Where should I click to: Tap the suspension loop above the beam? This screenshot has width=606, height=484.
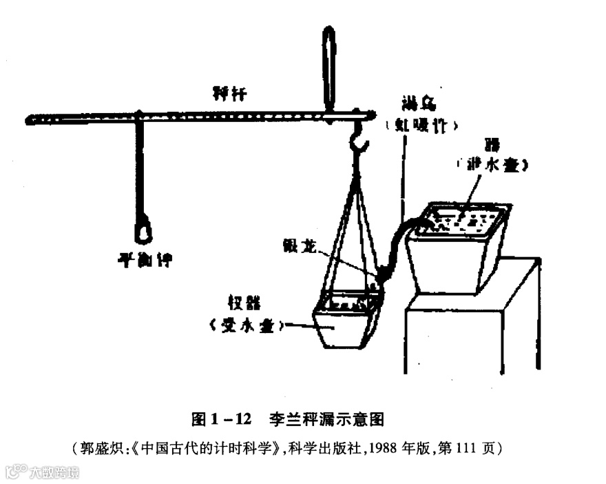coord(329,69)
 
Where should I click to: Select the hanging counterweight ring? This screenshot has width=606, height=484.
coord(143,230)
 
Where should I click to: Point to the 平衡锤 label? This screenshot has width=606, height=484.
coord(144,260)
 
